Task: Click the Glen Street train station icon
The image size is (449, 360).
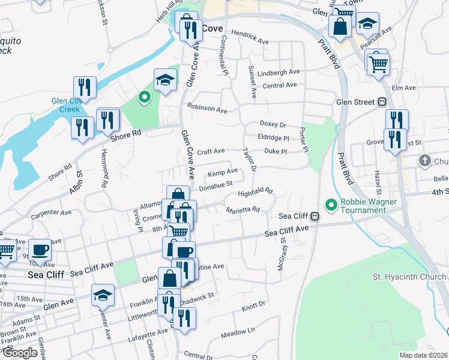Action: click(381, 102)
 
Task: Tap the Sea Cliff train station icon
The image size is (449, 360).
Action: click(315, 217)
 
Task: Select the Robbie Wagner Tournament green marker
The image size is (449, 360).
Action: click(330, 205)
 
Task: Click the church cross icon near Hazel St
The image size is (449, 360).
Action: click(424, 160)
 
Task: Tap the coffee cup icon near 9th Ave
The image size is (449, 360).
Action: click(40, 249)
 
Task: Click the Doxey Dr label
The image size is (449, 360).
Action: click(273, 124)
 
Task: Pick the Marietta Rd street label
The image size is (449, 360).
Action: click(243, 210)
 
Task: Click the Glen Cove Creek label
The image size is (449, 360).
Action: click(66, 105)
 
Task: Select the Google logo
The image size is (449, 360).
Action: click(20, 352)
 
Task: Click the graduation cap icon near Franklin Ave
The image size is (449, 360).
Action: click(103, 295)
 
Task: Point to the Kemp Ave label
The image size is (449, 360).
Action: click(223, 172)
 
